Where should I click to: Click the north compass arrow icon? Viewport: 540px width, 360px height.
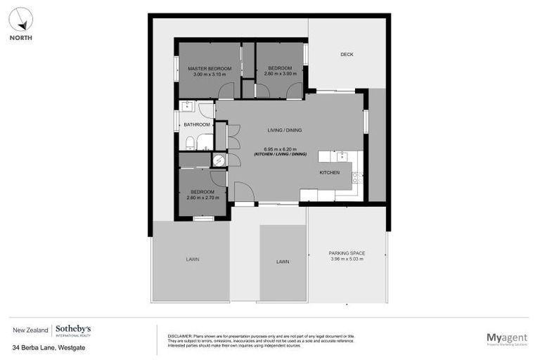click(20, 19)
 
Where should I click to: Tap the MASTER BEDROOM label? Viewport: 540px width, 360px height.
click(210, 68)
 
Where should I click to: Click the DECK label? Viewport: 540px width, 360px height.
click(347, 54)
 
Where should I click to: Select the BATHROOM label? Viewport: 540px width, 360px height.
click(197, 124)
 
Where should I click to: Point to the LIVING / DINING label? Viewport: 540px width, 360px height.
click(285, 131)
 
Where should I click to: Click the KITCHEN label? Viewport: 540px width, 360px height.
click(329, 172)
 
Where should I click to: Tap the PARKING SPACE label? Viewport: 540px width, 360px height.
click(347, 253)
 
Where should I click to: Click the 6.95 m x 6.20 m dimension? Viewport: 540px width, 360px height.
click(285, 149)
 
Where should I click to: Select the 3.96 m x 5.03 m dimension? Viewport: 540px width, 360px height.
click(347, 259)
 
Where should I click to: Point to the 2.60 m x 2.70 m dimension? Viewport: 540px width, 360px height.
click(202, 198)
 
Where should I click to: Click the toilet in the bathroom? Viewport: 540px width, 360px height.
click(191, 143)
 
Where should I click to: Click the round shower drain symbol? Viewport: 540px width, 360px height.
click(219, 160)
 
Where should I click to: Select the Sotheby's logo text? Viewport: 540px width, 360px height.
click(73, 329)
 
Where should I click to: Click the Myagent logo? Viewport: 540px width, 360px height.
click(506, 338)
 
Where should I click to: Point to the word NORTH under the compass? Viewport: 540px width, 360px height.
click(20, 38)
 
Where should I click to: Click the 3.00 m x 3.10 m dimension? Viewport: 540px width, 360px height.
click(210, 74)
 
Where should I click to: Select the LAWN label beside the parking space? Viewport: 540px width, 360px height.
click(283, 262)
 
